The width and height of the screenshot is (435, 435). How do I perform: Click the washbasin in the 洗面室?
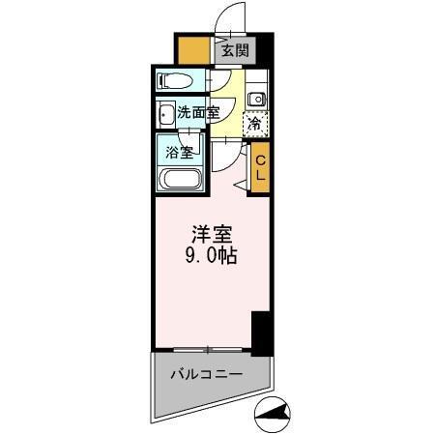pos(165,113)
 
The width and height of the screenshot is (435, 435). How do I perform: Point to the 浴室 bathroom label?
pos(179,151)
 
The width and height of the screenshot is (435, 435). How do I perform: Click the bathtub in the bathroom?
pos(180,180)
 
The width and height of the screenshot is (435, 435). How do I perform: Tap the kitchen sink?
pos(257,100)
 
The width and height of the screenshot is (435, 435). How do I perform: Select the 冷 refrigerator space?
pos(255,124)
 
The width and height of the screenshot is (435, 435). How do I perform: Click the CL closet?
pos(259,169)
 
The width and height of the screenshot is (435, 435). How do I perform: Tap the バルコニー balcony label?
pos(206,374)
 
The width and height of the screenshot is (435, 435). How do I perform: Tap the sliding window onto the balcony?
pos(205,348)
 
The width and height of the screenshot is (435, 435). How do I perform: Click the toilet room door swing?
pos(220,85)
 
